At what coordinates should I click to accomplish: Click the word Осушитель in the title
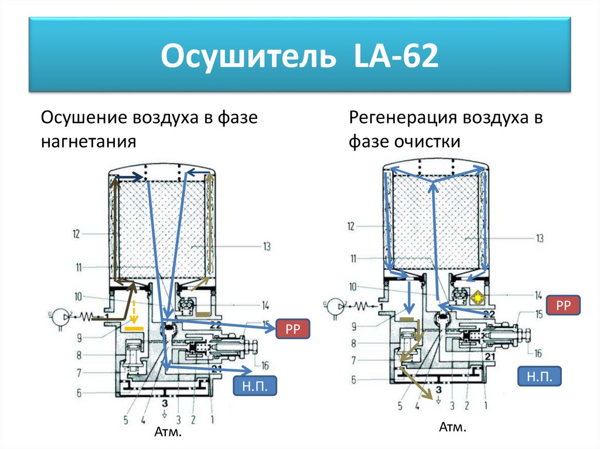[248, 56]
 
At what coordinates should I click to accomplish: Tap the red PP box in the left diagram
[293, 329]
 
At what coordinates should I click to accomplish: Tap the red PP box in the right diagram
[563, 305]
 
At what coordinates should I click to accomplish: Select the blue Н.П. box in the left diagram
[255, 386]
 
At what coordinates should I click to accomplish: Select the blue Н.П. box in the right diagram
[539, 376]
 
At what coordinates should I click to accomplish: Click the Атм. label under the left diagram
[168, 432]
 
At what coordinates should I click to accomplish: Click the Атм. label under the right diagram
[452, 427]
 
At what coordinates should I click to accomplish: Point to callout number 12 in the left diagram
[77, 234]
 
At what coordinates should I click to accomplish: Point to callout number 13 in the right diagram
[540, 238]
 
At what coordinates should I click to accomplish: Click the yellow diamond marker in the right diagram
[478, 297]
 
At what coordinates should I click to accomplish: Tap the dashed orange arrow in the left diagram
[134, 311]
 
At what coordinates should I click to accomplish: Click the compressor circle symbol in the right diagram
[335, 306]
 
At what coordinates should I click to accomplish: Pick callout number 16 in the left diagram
[265, 366]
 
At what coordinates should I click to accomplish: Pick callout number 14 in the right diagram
[538, 295]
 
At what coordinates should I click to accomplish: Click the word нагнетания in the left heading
[88, 141]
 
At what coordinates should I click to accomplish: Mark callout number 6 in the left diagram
[79, 393]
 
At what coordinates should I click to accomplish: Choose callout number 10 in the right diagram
[352, 286]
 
